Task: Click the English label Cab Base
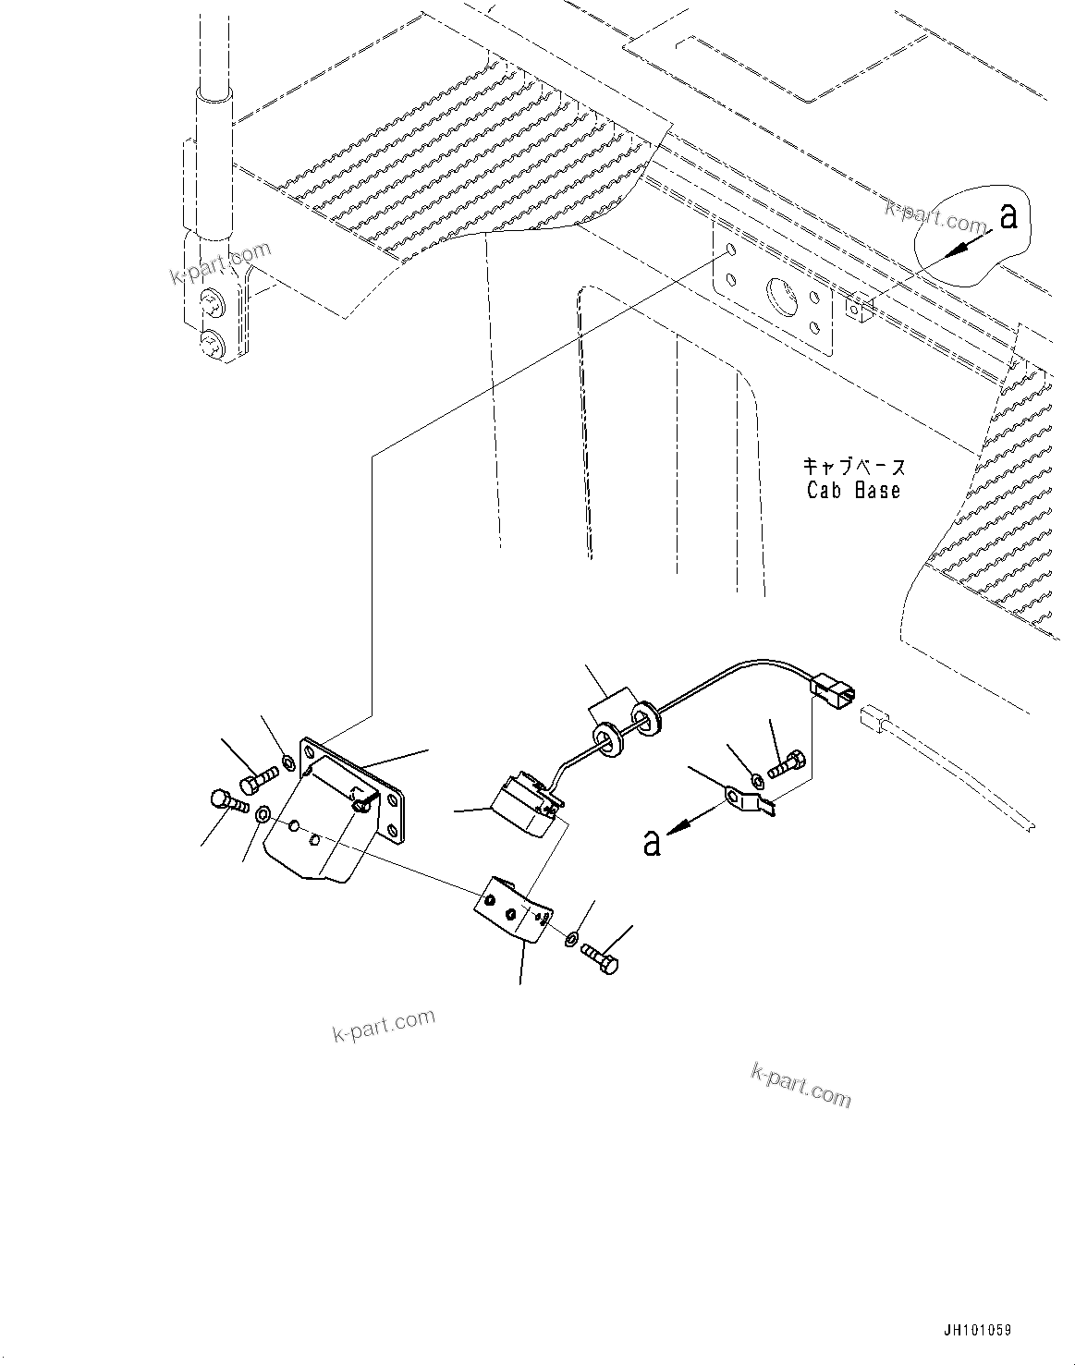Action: pyautogui.click(x=853, y=491)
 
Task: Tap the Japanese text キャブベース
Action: pyautogui.click(x=853, y=467)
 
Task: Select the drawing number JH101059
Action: pyautogui.click(x=977, y=1330)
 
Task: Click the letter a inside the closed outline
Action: pyautogui.click(x=1008, y=216)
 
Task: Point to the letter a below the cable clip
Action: pyautogui.click(x=653, y=842)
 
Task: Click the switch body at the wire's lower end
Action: pyautogui.click(x=521, y=802)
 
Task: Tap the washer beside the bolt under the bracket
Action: pyautogui.click(x=572, y=940)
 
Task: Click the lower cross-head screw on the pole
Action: pyautogui.click(x=213, y=345)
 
